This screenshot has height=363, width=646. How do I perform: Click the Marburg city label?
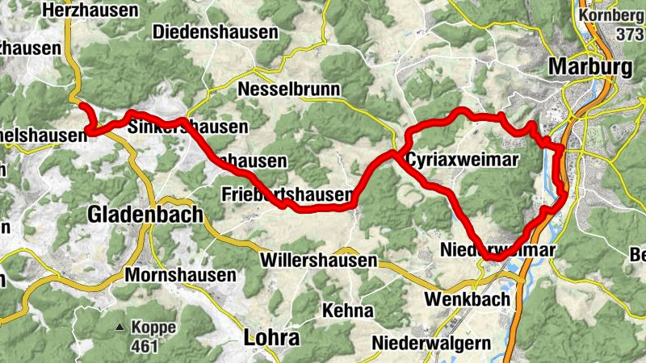[590, 67]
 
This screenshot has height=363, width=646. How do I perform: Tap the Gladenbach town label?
[133, 215]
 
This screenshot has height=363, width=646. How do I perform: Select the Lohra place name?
[271, 337]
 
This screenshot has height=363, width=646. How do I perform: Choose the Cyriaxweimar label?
[462, 160]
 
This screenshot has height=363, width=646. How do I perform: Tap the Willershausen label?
[319, 261]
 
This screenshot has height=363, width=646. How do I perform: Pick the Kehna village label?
[347, 311]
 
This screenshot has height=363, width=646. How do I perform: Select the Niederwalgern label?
[431, 343]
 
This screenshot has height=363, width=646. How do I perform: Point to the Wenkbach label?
[467, 299]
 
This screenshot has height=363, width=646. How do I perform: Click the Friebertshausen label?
[287, 194]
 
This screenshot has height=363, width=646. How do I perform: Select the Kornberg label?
[611, 15]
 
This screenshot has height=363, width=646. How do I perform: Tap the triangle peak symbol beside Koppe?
[120, 328]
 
